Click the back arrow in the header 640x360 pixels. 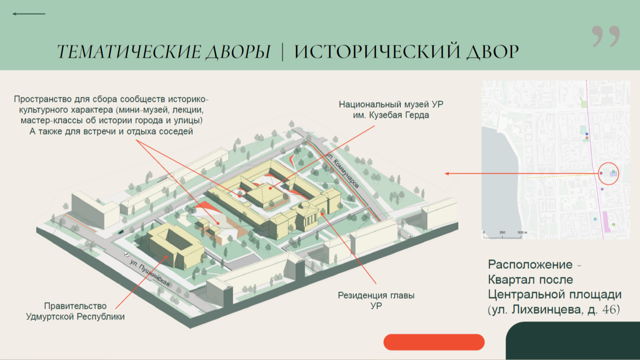tap(29, 14)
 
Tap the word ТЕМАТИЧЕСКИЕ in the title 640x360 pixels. tap(129, 52)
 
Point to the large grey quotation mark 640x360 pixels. tap(606, 36)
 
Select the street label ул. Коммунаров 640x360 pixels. tap(342, 171)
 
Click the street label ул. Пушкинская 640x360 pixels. tap(150, 273)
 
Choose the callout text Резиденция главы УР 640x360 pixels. tap(376, 300)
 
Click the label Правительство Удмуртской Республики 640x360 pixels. tap(75, 311)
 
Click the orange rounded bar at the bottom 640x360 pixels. tap(434, 342)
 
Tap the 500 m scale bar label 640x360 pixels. tap(522, 232)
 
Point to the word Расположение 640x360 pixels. tap(530, 265)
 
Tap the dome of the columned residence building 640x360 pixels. tap(305, 205)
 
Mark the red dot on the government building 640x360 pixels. tap(166, 257)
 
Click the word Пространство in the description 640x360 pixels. tap(42, 99)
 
